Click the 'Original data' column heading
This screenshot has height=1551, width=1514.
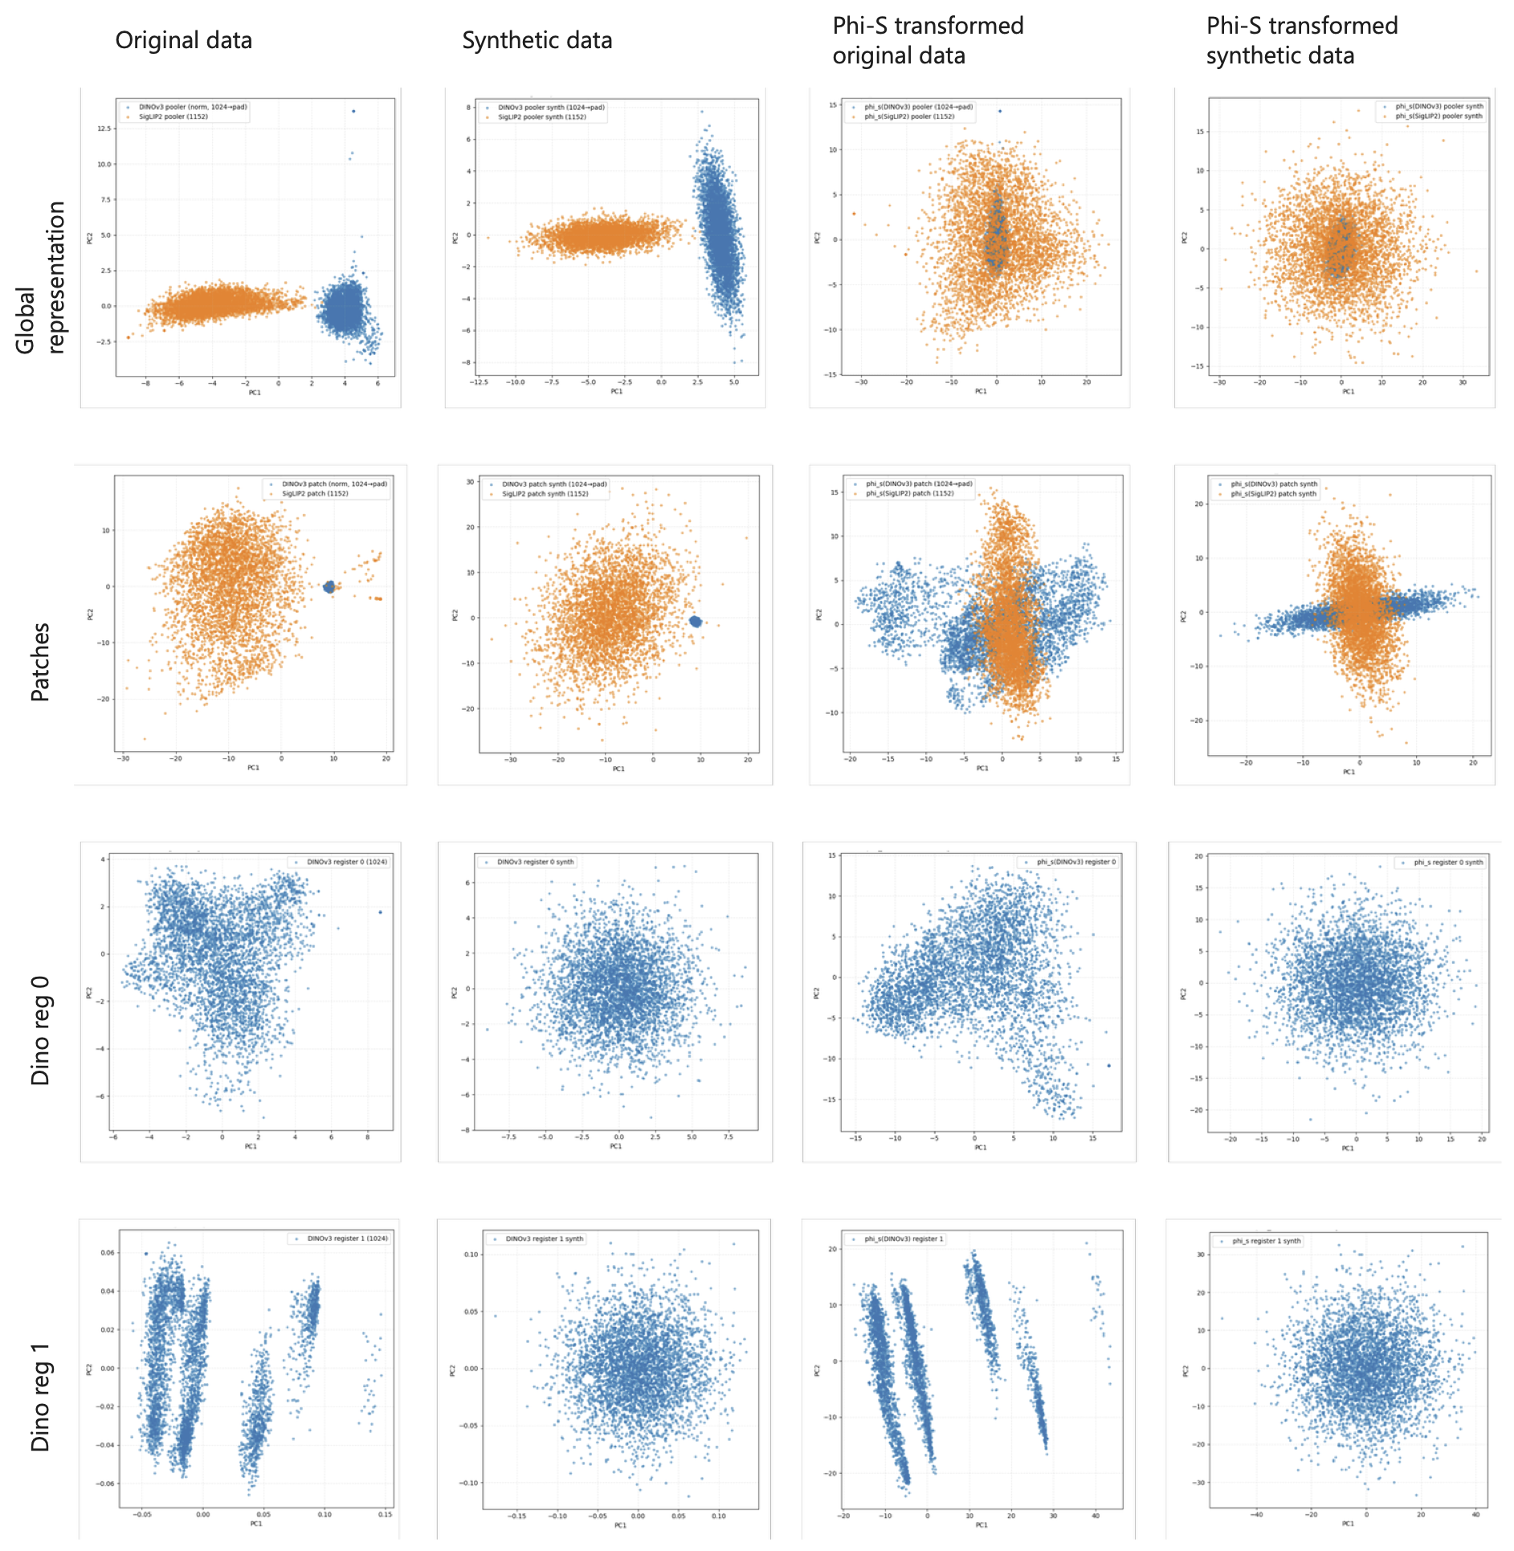pos(183,40)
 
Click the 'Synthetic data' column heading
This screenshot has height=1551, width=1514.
pos(537,40)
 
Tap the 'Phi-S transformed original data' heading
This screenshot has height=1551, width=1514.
pos(928,41)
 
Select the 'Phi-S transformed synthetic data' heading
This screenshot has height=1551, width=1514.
pos(1301,41)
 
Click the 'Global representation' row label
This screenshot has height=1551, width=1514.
pos(39,277)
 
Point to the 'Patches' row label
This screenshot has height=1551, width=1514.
pos(39,662)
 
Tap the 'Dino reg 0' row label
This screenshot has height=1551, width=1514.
pos(39,1031)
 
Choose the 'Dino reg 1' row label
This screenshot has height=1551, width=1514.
pos(39,1398)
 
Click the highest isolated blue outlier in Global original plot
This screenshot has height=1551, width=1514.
pos(353,111)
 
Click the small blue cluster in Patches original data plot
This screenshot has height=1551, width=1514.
pos(329,587)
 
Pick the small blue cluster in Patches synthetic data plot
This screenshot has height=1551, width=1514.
pos(696,621)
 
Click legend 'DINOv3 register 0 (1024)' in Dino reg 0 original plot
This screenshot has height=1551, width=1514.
pos(346,862)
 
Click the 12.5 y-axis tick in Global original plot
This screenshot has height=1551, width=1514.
pos(104,129)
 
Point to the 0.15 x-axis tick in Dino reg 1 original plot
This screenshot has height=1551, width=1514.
pos(385,1515)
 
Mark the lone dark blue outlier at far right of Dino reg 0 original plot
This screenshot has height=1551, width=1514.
pos(380,912)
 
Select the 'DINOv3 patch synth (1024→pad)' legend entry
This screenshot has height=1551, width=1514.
pos(554,484)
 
